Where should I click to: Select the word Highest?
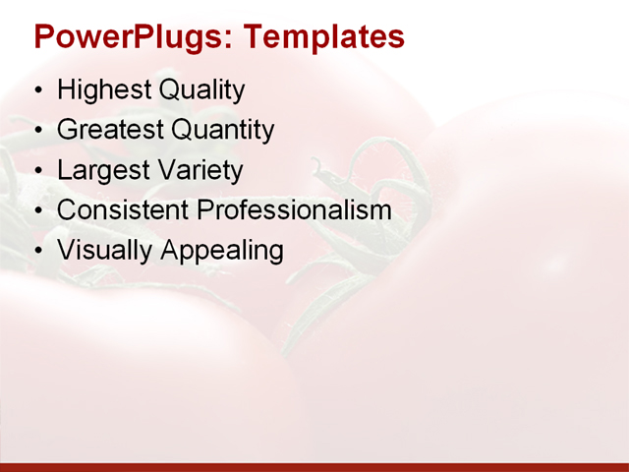[102, 90]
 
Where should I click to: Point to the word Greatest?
[110, 130]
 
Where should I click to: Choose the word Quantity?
[223, 130]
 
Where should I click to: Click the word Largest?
[101, 170]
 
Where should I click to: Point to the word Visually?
[104, 250]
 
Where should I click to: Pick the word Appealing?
[221, 250]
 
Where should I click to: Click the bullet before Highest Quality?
[38, 92]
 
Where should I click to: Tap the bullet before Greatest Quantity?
[38, 132]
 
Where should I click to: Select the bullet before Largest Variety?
[38, 172]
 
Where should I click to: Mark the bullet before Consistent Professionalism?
[38, 211]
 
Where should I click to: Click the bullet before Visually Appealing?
[38, 252]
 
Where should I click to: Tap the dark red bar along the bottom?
[314, 466]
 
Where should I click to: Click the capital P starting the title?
[43, 36]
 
